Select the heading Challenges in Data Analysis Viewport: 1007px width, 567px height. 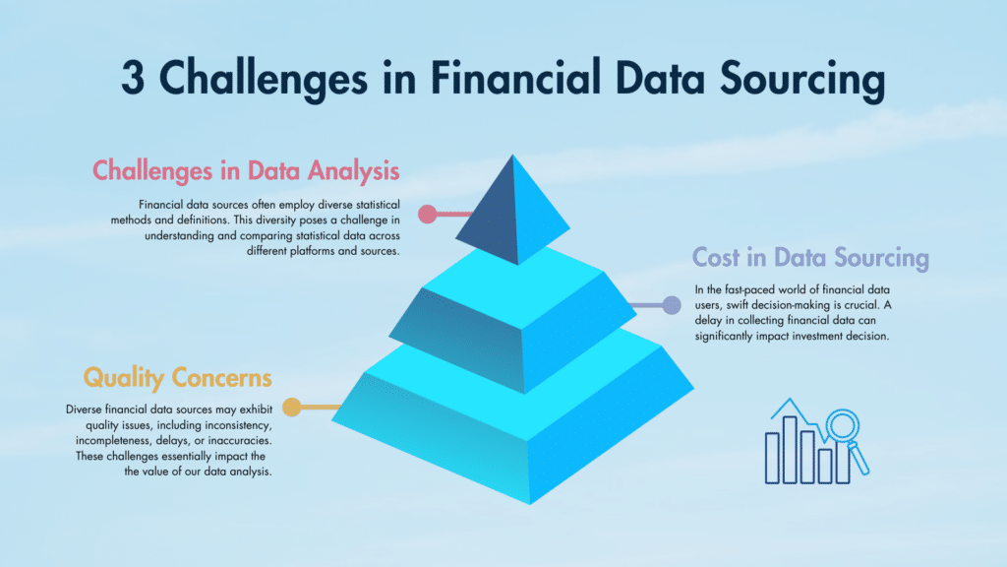click(246, 170)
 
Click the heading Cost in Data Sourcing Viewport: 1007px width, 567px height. click(810, 258)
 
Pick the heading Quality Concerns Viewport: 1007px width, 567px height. click(178, 377)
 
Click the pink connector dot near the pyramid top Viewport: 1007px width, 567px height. click(427, 214)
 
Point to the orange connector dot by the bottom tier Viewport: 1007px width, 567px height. click(291, 407)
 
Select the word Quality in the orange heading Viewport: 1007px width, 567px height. click(124, 377)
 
